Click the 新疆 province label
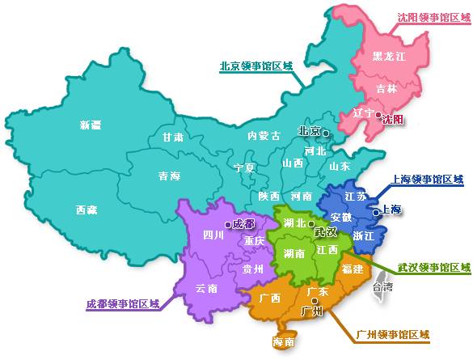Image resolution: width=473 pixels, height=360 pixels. click(91, 125)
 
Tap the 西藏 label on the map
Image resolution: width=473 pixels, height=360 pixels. click(87, 210)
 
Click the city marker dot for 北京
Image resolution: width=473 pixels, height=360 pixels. click(326, 132)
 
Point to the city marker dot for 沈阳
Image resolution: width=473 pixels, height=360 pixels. click(378, 116)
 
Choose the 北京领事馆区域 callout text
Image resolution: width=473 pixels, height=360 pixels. click(255, 66)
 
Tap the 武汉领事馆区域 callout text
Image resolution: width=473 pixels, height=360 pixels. click(433, 267)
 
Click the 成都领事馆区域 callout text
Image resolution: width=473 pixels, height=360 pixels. click(122, 305)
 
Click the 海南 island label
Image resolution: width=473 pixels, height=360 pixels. click(284, 342)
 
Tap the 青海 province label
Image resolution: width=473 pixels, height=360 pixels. click(169, 176)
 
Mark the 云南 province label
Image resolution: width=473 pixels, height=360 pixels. click(207, 288)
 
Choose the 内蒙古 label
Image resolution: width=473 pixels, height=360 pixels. click(264, 136)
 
